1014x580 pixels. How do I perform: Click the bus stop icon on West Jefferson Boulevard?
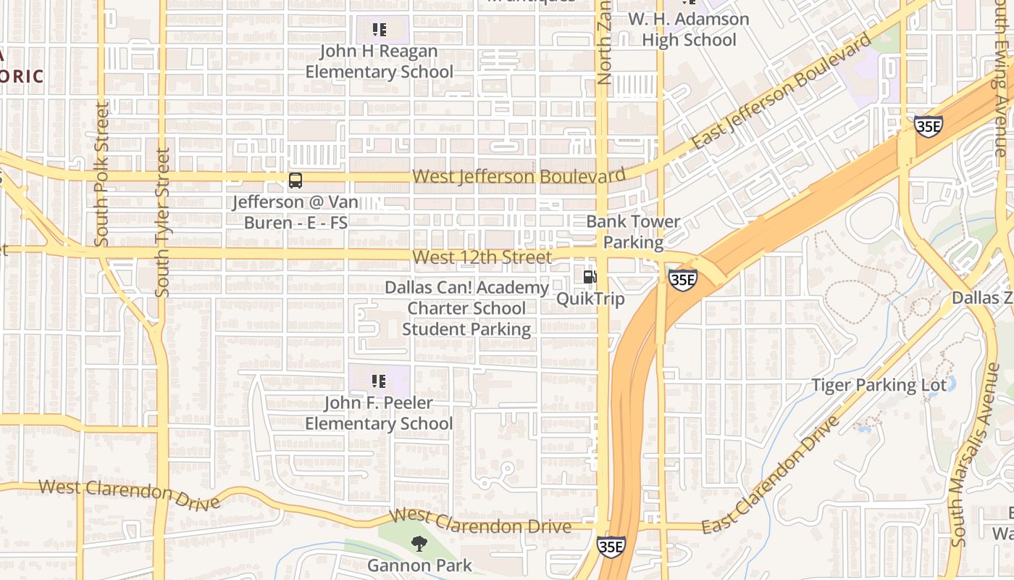295,181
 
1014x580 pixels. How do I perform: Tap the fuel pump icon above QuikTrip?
590,276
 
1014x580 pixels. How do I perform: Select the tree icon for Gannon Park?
419,543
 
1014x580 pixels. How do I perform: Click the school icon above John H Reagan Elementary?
379,30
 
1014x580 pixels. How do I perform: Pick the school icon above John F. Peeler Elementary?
378,381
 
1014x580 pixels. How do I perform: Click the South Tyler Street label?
162,223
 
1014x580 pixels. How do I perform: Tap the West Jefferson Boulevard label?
519,176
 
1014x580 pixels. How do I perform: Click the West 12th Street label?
482,257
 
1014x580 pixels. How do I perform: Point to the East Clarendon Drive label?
771,474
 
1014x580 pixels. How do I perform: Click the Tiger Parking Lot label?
879,385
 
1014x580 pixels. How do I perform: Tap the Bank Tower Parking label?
633,231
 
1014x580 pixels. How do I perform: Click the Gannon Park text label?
419,565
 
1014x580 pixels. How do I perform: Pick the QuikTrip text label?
590,299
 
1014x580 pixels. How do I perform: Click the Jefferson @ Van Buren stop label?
295,212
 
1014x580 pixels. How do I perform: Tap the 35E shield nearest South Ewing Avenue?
927,126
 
